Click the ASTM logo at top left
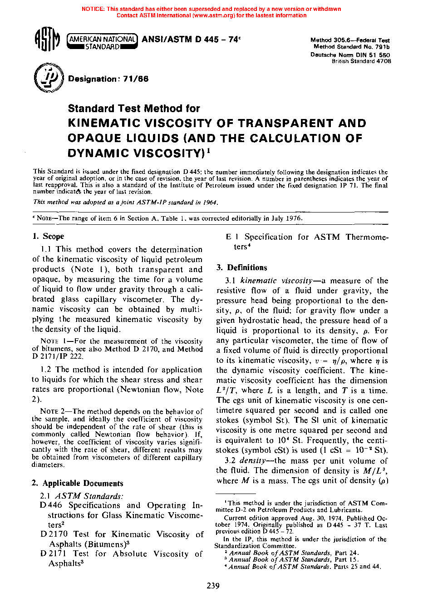47,40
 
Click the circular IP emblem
48,78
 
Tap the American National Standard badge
102,42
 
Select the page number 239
213,586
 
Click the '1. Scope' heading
48,236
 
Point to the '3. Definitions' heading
241,267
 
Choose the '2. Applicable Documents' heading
78,483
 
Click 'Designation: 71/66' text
108,79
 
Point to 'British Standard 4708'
361,61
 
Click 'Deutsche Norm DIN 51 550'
350,55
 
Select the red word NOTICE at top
93,9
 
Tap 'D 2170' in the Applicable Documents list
54,534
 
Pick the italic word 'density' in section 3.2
252,460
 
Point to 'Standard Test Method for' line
134,109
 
